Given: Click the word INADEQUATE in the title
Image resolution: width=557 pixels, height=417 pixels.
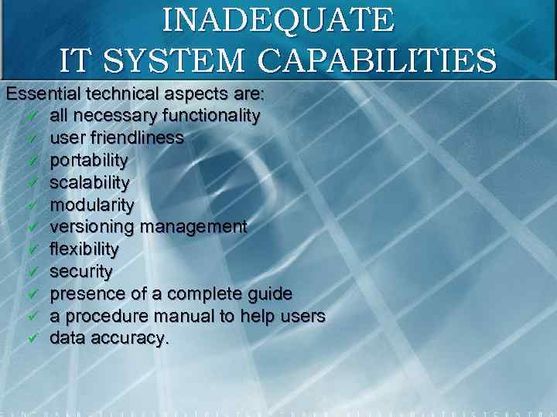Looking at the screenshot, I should pos(278,20).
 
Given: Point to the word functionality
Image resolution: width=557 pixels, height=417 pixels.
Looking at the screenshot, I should pos(210,116).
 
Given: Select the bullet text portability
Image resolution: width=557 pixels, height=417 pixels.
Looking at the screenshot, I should pos(89,161).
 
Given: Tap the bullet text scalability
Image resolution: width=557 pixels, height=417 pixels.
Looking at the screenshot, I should pos(90,183).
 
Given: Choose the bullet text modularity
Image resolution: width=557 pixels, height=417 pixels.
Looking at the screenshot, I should pos(92,205).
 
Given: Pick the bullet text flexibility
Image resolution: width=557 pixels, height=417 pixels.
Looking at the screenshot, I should pos(84,249).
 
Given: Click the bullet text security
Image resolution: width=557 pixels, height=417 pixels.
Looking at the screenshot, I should pos(81,272).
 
